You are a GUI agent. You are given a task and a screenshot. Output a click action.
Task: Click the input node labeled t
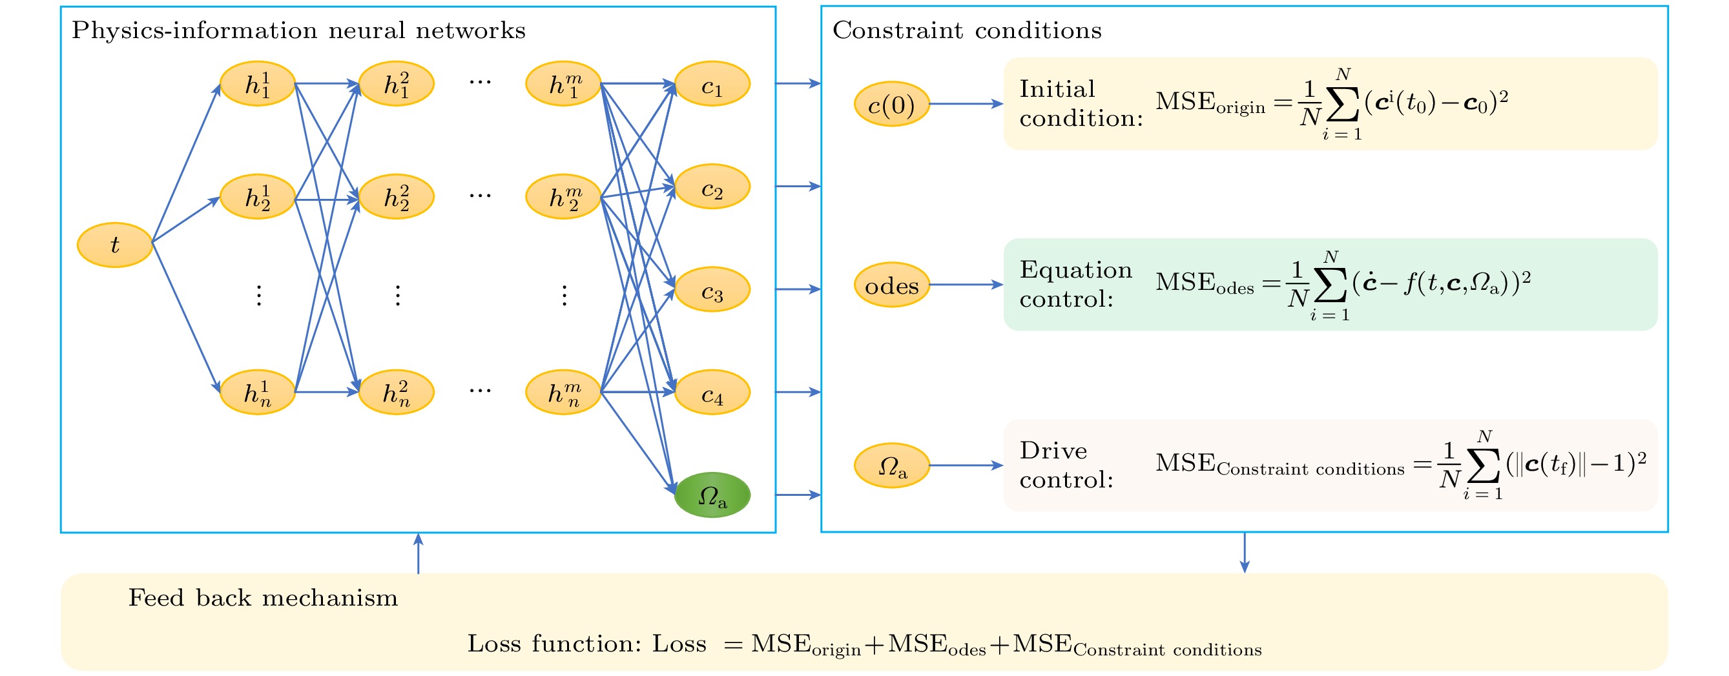[115, 245]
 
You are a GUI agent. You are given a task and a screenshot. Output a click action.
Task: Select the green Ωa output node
[712, 495]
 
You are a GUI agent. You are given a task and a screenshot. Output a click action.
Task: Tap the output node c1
[712, 84]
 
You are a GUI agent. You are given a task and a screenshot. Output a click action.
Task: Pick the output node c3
[712, 289]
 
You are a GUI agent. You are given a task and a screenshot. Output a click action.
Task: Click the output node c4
[712, 393]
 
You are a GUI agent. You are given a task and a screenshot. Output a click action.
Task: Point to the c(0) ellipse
[892, 104]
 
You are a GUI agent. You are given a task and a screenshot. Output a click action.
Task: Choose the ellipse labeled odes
[892, 285]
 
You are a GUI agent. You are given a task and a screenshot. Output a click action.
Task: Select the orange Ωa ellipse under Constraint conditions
[892, 466]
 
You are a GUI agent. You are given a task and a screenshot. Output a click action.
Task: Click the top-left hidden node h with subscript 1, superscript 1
[258, 84]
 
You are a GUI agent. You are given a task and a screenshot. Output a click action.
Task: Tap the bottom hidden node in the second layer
[396, 393]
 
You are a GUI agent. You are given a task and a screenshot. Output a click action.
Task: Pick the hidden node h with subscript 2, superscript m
[563, 198]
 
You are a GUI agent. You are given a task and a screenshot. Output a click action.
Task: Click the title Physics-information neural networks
[298, 31]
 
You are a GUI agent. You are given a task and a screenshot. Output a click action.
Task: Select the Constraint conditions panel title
[967, 30]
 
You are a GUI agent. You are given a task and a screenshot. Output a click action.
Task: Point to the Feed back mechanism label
[263, 597]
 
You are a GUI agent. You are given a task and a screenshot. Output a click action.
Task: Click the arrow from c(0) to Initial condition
[966, 104]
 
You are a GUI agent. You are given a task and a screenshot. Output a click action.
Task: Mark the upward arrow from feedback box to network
[419, 553]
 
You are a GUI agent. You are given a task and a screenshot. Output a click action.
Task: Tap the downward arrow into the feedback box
[1245, 553]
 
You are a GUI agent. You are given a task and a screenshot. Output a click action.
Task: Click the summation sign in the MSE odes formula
[1330, 285]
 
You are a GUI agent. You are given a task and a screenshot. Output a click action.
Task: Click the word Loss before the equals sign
[679, 644]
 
